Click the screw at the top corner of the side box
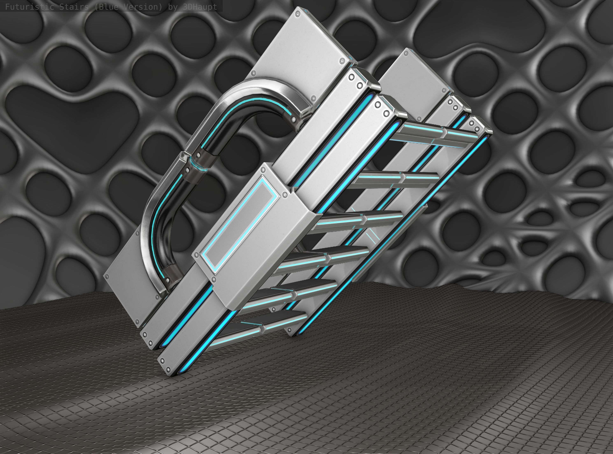(x=263, y=170)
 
